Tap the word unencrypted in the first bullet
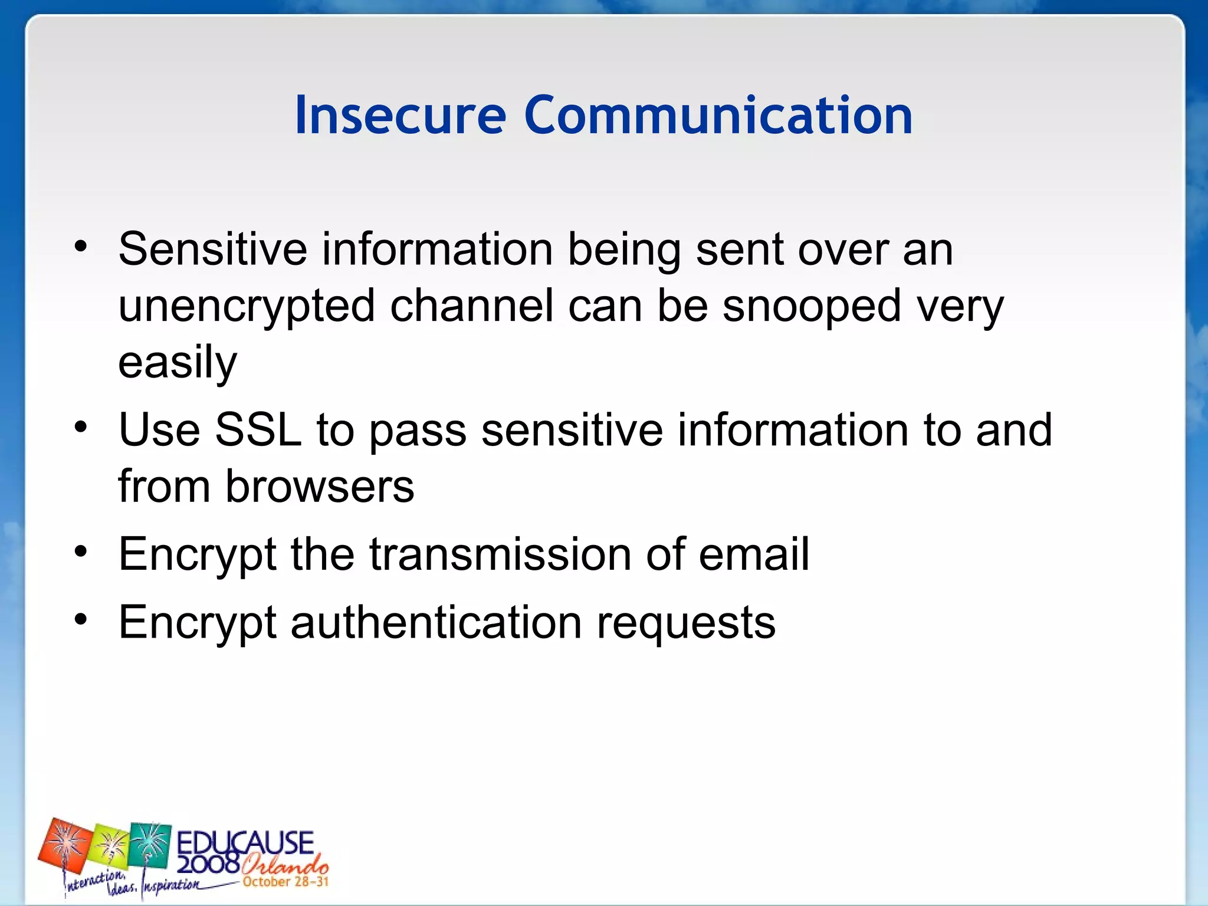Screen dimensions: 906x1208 247,307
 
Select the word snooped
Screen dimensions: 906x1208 812,307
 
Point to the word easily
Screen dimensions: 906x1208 178,363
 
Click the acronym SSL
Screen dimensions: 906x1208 258,429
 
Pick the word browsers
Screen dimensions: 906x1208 320,487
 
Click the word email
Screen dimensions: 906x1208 754,554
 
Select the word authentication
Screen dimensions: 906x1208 436,622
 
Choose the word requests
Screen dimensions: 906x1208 686,622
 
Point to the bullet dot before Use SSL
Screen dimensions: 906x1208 81,426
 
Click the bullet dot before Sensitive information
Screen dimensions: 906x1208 81,245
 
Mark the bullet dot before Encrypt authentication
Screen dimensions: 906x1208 81,619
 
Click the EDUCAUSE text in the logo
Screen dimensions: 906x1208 245,842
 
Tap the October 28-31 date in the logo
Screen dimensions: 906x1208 285,882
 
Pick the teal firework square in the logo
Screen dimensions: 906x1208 150,843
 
